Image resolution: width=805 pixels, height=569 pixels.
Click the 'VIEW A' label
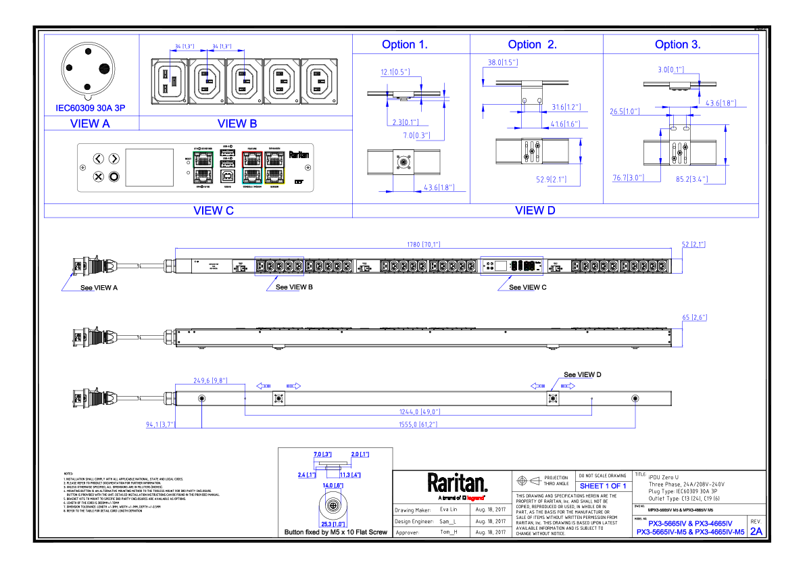click(90, 124)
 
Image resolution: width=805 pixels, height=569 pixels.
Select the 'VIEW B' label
click(237, 124)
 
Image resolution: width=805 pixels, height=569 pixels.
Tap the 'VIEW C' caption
click(214, 211)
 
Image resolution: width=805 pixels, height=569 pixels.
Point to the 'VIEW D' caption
click(535, 211)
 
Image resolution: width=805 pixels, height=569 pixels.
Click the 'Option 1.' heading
click(405, 45)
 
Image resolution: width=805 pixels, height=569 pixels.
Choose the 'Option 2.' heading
click(532, 45)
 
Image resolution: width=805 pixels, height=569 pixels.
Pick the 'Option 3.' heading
click(677, 45)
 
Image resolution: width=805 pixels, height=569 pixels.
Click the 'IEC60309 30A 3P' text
click(91, 108)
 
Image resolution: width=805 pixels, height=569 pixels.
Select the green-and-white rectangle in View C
click(203, 168)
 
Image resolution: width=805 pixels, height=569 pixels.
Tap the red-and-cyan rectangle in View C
click(252, 168)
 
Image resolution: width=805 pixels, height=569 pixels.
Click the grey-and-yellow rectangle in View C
click(274, 168)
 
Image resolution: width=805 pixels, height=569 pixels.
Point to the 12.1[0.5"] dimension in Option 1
click(395, 72)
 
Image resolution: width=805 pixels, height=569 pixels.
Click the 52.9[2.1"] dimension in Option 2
click(550, 180)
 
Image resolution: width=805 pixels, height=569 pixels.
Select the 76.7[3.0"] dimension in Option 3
click(629, 178)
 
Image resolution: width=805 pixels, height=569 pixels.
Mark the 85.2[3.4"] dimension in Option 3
click(691, 180)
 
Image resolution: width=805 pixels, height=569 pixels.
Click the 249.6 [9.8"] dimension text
click(210, 380)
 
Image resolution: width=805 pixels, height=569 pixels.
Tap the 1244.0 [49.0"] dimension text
click(419, 412)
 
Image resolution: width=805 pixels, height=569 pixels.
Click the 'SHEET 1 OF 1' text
click(603, 487)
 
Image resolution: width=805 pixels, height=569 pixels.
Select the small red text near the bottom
click(475, 498)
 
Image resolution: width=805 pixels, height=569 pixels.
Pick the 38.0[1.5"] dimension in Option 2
click(502, 63)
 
